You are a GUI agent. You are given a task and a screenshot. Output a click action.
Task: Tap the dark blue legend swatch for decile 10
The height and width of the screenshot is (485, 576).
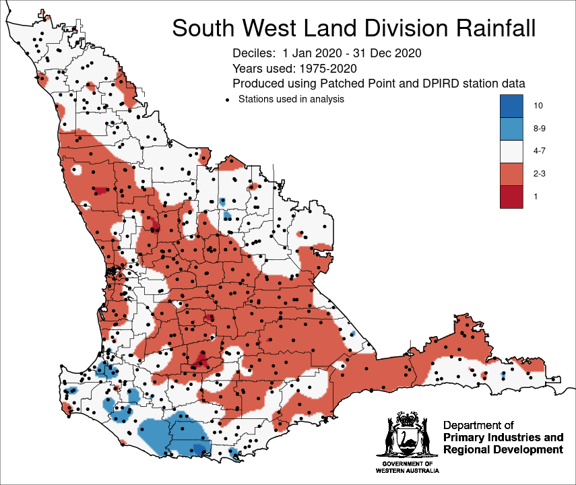point(511,106)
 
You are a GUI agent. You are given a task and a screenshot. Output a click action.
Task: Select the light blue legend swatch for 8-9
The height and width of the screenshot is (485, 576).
point(511,128)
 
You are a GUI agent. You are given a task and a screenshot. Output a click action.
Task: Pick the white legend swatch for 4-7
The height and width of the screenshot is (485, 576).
point(511,151)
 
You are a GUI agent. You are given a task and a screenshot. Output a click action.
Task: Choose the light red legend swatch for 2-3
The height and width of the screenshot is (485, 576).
point(511,174)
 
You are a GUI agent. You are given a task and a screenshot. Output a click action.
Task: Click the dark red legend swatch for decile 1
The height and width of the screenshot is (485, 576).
point(511,196)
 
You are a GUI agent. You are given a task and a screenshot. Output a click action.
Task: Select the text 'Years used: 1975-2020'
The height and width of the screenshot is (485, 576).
point(294,68)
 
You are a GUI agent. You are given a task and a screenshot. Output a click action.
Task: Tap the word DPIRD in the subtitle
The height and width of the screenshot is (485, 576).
point(426,84)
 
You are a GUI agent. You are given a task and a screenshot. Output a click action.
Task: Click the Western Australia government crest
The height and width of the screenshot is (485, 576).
point(406,438)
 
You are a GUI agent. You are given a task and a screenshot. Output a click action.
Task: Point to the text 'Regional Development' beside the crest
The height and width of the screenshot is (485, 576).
point(503,450)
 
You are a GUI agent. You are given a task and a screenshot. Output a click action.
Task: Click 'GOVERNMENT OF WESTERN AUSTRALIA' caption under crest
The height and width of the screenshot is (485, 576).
point(407,468)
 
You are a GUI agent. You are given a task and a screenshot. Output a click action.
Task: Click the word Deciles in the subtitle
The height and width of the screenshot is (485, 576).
point(254,53)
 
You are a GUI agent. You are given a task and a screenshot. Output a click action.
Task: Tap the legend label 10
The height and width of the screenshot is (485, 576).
point(538,106)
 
